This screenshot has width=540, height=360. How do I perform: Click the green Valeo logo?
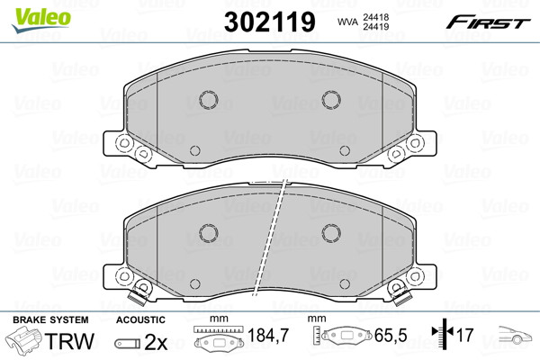pyautogui.click(x=41, y=21)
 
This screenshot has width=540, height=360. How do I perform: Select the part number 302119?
pyautogui.click(x=270, y=22)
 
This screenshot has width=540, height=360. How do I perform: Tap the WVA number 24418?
pyautogui.click(x=375, y=17)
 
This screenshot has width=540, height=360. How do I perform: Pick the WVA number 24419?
pyautogui.click(x=375, y=26)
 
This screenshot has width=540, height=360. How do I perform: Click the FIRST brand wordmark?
pyautogui.click(x=488, y=22)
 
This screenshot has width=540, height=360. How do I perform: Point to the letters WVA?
pyautogui.click(x=347, y=22)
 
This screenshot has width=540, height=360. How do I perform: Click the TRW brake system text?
pyautogui.click(x=69, y=341)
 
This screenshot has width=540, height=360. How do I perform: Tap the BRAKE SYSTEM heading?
pyautogui.click(x=50, y=320)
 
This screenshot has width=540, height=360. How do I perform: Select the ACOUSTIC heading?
pyautogui.click(x=140, y=320)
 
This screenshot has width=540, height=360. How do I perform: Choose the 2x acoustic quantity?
pyautogui.click(x=156, y=342)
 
